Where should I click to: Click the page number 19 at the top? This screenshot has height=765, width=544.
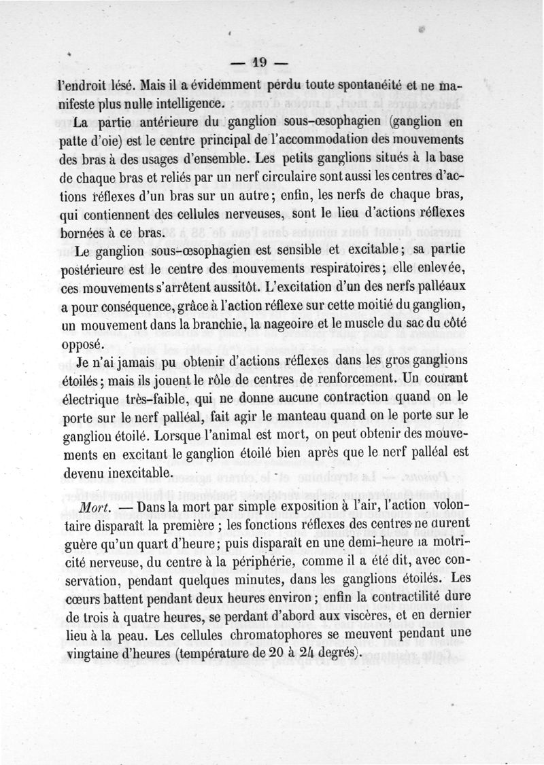point(259,63)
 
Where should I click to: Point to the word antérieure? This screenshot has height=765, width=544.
point(154,123)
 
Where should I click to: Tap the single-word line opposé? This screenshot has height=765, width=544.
point(79,343)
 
